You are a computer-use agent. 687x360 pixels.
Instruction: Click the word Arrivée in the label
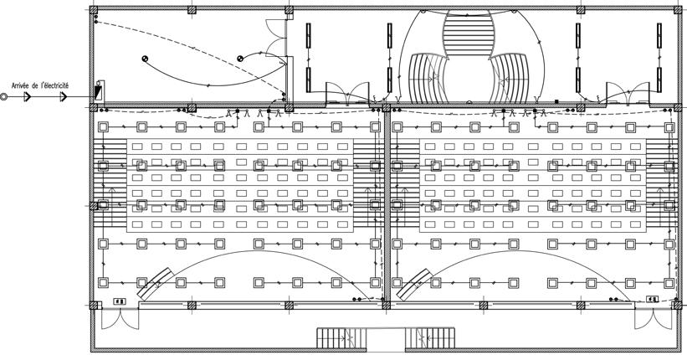pyautogui.click(x=21, y=85)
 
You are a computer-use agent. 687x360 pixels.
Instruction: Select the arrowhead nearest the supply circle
pyautogui.click(x=27, y=97)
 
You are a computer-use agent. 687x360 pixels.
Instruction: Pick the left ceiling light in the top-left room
pyautogui.click(x=145, y=59)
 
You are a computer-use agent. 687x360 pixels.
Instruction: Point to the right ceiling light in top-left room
pyautogui.click(x=241, y=58)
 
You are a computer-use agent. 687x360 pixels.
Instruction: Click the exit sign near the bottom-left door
pyautogui.click(x=119, y=299)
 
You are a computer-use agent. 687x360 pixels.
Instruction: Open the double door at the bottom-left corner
pyautogui.click(x=113, y=319)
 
